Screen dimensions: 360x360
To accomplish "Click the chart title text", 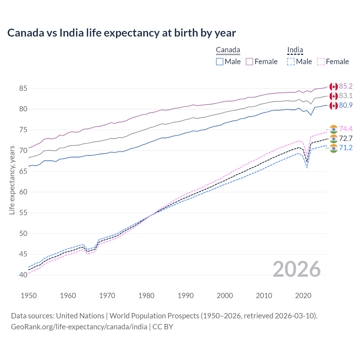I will pos(121,33).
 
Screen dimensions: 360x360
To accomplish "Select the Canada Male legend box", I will pos(220,62).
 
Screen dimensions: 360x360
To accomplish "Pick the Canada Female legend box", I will pos(249,62).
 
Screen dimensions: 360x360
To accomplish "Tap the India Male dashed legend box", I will pos(291,62).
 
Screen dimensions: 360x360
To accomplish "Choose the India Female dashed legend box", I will pos(321,62).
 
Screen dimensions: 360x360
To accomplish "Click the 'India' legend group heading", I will pos(295,50).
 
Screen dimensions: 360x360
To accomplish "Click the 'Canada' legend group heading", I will pos(228,50).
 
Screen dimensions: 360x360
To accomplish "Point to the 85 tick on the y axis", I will pos(23,88).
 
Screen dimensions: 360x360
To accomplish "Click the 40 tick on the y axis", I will pos(23,275).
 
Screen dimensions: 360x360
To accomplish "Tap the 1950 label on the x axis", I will pos(29,296).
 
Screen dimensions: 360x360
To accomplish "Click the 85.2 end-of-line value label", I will pos(346,86).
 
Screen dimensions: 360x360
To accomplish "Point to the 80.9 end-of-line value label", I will pos(346,105).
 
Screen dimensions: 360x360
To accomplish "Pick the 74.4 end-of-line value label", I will pos(346,129).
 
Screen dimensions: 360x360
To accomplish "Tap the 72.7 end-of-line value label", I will pos(346,138).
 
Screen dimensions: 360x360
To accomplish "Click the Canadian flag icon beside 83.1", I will pos(334,96).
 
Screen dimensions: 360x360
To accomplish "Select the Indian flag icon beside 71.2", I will pos(334,148).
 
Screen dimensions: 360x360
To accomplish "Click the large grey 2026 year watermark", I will pos(296,269).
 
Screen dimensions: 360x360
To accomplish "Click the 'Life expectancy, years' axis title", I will pos(12,180).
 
